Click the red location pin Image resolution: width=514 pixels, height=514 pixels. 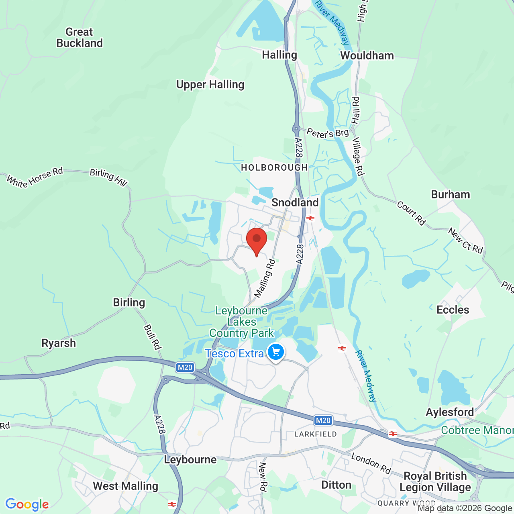click(x=257, y=240)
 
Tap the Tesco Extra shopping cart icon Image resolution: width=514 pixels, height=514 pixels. click(x=276, y=353)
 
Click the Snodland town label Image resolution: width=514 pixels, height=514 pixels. click(x=295, y=202)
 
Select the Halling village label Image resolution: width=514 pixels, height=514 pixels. click(x=279, y=55)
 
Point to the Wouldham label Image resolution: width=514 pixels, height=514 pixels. click(x=367, y=55)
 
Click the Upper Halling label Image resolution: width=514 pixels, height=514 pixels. click(x=210, y=85)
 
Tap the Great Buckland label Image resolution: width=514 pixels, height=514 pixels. click(x=80, y=37)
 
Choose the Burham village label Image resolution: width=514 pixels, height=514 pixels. click(x=450, y=194)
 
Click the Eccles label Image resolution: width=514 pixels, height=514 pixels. click(x=453, y=310)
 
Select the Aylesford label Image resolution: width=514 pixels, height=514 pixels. click(x=450, y=412)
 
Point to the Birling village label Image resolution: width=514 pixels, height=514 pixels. click(x=129, y=302)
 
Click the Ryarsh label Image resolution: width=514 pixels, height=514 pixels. click(x=59, y=343)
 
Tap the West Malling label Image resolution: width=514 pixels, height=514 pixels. click(x=126, y=486)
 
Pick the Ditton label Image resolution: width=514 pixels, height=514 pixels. click(x=336, y=485)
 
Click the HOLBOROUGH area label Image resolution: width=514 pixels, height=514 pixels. click(x=274, y=167)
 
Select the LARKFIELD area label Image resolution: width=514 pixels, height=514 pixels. click(x=316, y=434)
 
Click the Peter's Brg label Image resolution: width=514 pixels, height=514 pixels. click(x=328, y=133)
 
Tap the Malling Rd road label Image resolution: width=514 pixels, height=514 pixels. click(x=265, y=278)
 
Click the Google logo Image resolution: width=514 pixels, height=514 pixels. click(x=27, y=504)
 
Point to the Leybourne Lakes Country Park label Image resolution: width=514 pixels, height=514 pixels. click(x=241, y=322)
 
